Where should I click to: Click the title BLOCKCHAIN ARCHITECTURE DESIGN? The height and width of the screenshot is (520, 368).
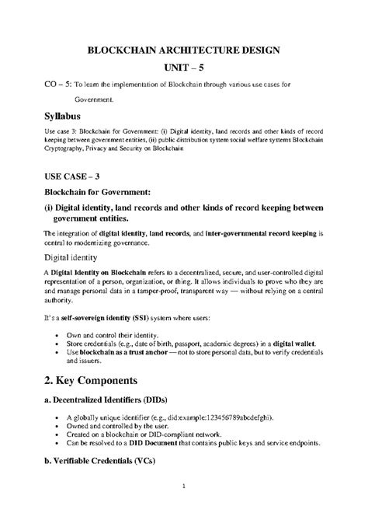(183, 50)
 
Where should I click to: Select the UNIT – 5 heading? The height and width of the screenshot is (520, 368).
(183, 68)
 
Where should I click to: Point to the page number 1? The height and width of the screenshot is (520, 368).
(184, 487)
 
